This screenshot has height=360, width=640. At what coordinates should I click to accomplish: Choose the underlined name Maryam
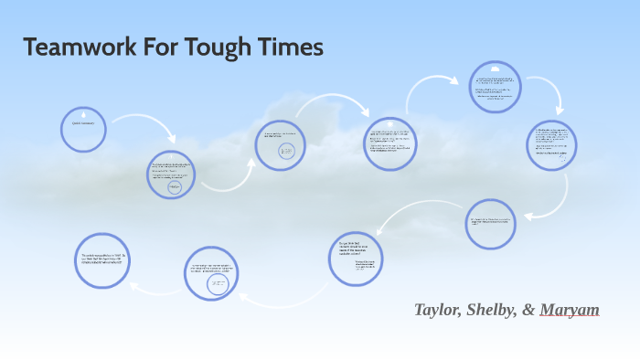coord(570,310)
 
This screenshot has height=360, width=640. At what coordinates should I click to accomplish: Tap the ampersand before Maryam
coord(529,310)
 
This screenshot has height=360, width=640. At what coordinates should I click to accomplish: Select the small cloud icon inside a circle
coord(495,69)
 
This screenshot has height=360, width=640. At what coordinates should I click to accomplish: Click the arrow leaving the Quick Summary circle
coord(135,123)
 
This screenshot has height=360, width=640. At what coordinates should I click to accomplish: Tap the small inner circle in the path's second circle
coord(175,187)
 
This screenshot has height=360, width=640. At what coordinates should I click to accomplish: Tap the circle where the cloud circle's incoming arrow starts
coord(390,143)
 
